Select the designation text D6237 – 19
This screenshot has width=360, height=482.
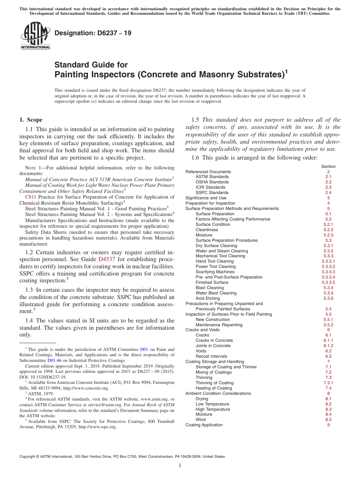coord(93,33)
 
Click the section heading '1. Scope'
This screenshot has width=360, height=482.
coord(31,120)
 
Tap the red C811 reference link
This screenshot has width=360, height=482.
coord(30,197)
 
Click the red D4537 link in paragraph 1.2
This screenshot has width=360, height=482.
coord(106,259)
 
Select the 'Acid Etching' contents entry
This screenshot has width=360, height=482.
coord(208,298)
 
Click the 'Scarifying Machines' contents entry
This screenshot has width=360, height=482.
coord(215,272)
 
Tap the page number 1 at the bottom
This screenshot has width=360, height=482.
coord(180,465)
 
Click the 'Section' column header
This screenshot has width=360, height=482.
coord(328,166)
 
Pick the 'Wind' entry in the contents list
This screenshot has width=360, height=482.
coord(200,419)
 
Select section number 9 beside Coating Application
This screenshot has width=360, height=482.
coord(328,425)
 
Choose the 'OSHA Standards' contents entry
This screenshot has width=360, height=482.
coord(212,182)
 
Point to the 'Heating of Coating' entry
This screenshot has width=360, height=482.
coord(213,388)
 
